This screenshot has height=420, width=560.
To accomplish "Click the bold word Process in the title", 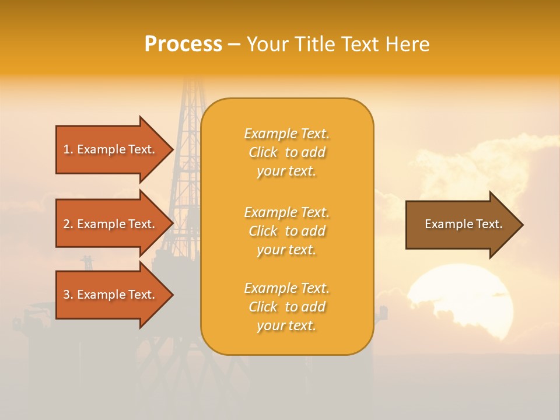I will (x=183, y=44).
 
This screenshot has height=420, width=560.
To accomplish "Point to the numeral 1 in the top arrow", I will (x=66, y=149).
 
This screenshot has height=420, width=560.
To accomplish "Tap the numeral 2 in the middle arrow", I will (x=66, y=224).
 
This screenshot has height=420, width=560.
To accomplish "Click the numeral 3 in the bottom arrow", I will (x=66, y=295).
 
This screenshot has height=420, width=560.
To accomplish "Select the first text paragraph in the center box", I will (x=286, y=152).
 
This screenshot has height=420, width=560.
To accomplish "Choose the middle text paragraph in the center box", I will (x=286, y=231).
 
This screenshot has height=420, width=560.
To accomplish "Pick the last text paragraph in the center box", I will (x=286, y=307).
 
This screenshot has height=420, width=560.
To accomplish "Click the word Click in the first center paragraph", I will (x=263, y=152).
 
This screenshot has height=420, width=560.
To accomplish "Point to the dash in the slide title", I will (x=234, y=44).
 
